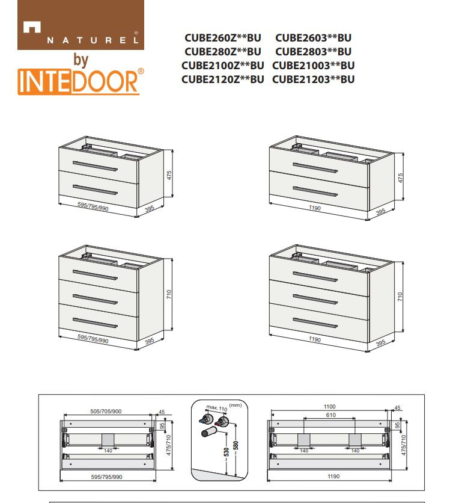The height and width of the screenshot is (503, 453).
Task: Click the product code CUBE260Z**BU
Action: (x=223, y=38)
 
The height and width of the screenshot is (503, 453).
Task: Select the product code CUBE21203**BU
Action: (x=314, y=79)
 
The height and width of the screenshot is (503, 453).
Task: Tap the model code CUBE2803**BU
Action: (x=314, y=52)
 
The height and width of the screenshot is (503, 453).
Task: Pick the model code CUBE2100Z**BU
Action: (x=223, y=66)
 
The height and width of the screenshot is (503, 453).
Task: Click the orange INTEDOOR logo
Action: (x=81, y=81)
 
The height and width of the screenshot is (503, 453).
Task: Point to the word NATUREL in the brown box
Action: (x=93, y=40)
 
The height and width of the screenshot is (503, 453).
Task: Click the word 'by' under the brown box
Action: (x=81, y=60)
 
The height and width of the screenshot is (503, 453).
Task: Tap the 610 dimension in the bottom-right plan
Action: (x=330, y=415)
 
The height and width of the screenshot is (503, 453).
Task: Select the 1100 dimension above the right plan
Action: (x=329, y=407)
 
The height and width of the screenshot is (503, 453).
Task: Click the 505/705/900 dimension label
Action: (x=106, y=412)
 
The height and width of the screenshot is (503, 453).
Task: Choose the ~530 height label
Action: (x=227, y=454)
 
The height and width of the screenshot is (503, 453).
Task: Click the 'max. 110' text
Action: (x=217, y=408)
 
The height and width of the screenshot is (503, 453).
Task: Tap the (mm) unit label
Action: (x=236, y=405)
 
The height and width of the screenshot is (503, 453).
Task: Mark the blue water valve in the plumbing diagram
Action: (x=204, y=419)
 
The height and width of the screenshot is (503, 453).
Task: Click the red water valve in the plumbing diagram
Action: (x=222, y=422)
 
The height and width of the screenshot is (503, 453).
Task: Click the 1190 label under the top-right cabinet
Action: (x=315, y=208)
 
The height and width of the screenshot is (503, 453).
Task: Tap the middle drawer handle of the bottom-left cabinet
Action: (x=95, y=299)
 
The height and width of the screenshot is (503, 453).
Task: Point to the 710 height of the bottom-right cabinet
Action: (x=400, y=297)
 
